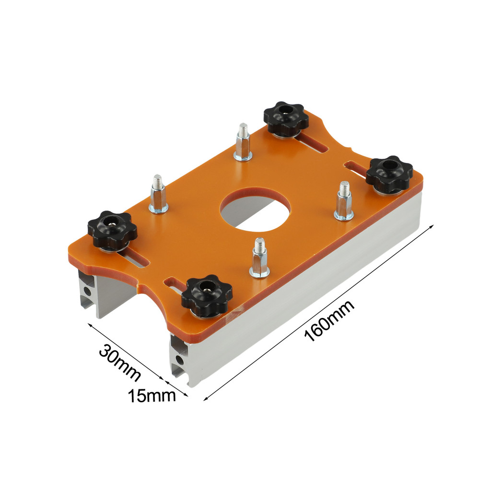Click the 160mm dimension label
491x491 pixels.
(329, 320)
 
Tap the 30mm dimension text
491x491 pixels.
(119, 362)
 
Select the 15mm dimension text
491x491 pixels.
(152, 396)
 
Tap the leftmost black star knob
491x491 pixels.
(112, 231)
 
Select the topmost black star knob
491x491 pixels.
(286, 119)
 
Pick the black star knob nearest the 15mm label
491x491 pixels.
(207, 295)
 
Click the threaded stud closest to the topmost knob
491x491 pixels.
(243, 142)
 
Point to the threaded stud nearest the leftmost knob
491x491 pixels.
(158, 194)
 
